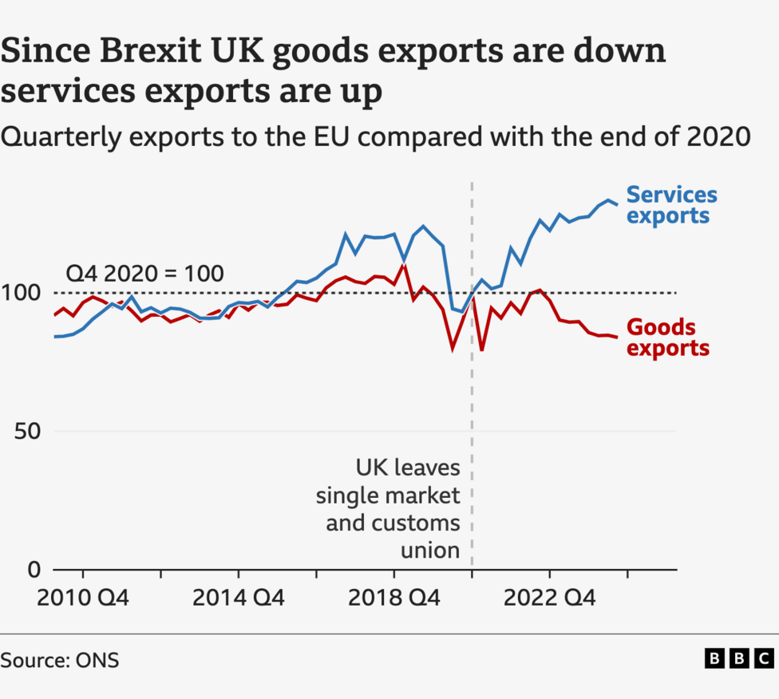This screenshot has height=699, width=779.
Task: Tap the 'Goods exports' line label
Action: [668, 338]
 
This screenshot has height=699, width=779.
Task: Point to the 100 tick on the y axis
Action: [22, 293]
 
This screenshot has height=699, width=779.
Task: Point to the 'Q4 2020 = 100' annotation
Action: [144, 273]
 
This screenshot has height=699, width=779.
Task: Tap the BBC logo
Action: [739, 658]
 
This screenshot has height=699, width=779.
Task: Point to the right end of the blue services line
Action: [617, 205]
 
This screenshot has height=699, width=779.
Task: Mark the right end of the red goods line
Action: [617, 338]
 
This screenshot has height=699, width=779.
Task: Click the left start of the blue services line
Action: [54, 337]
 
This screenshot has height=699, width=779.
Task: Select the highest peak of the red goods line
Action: [404, 265]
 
